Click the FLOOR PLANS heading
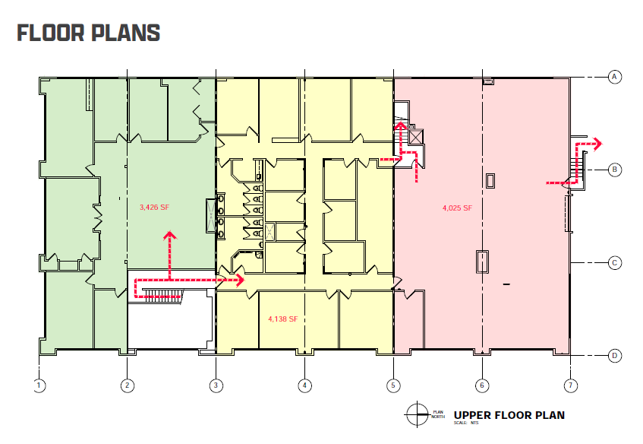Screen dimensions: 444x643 pos(88,33)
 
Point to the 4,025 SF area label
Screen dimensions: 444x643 pos(457,208)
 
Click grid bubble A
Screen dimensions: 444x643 pos(615,76)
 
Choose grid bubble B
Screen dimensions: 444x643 pos(615,170)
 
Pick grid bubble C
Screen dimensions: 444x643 pos(615,263)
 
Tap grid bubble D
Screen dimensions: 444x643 pos(615,356)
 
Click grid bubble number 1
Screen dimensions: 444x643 pos(39,385)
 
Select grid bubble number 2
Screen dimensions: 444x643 pos(128,385)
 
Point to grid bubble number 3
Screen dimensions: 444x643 pos(216,385)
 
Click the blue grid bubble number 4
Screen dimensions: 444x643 pos(304,385)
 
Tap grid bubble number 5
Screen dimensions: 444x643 pos(393,385)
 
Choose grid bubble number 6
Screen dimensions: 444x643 pos(482,385)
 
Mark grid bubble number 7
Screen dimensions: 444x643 pos(570,385)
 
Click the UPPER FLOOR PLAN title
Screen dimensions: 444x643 pos(509,415)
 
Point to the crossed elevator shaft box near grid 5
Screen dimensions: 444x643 pos(415,137)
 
